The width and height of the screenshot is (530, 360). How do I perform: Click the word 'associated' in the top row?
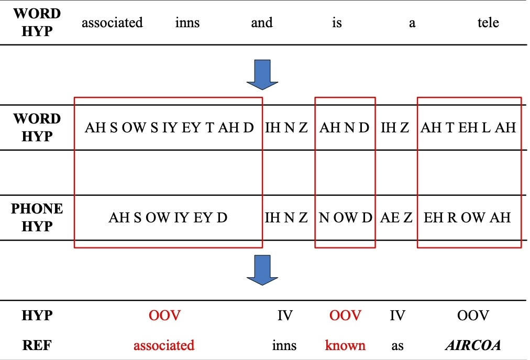pyautogui.click(x=112, y=22)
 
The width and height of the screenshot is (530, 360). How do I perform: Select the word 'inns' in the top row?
pyautogui.click(x=187, y=22)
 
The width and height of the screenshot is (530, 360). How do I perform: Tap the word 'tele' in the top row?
pyautogui.click(x=488, y=22)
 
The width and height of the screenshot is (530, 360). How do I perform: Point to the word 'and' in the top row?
pyautogui.click(x=262, y=22)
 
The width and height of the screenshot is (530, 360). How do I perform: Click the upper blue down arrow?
pyautogui.click(x=262, y=75)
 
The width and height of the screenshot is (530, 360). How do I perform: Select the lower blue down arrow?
pyautogui.click(x=262, y=270)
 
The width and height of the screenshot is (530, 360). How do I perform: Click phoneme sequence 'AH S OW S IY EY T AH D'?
pyautogui.click(x=169, y=128)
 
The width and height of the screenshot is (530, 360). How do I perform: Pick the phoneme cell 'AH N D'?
pyautogui.click(x=345, y=128)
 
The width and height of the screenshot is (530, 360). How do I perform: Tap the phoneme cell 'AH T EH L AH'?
pyautogui.click(x=468, y=128)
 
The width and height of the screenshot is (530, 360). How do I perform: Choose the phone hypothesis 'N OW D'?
pyautogui.click(x=346, y=218)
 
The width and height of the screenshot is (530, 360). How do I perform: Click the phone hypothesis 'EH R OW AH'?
pyautogui.click(x=467, y=218)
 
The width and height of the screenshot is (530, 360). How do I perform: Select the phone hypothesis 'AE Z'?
pyautogui.click(x=396, y=218)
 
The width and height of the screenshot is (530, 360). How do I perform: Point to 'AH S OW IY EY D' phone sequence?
pyautogui.click(x=168, y=218)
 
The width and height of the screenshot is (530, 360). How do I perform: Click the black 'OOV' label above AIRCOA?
pyautogui.click(x=473, y=316)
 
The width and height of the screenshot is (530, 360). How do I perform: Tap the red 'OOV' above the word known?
pyautogui.click(x=345, y=316)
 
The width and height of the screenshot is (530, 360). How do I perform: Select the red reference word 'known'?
pyautogui.click(x=345, y=345)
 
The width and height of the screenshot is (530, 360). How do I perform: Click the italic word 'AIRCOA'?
pyautogui.click(x=473, y=345)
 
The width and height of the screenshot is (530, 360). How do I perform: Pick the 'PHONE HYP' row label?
pyautogui.click(x=37, y=218)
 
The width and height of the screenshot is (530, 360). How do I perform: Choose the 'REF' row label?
pyautogui.click(x=37, y=345)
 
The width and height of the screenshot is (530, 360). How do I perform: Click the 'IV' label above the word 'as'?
pyautogui.click(x=397, y=316)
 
